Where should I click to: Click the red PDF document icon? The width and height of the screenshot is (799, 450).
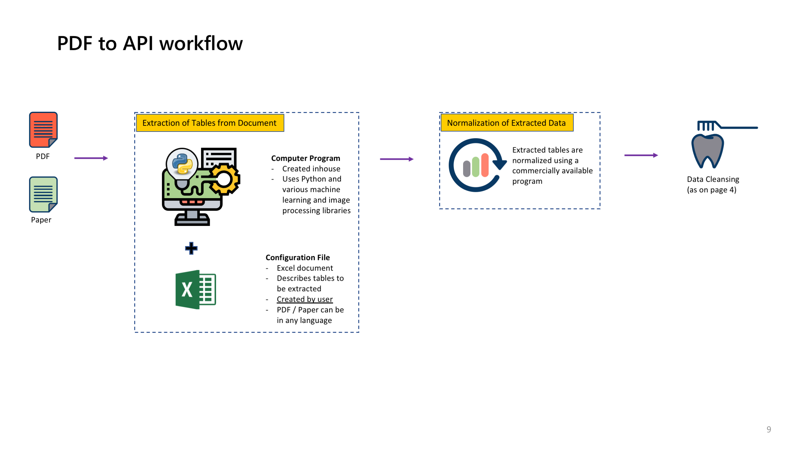(43, 130)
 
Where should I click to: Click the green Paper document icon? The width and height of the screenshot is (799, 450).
(43, 194)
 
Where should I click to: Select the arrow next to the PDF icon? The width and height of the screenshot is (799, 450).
(91, 158)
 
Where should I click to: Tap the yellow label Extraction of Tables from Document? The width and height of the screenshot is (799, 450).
(210, 123)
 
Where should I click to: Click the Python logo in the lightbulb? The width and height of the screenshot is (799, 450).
(182, 164)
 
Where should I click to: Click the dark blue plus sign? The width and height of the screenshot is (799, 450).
(191, 248)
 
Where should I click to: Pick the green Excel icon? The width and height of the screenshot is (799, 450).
(196, 289)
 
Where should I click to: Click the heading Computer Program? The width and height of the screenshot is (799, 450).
(306, 158)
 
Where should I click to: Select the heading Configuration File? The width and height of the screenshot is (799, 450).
(298, 258)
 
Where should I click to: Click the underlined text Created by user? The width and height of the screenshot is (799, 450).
(305, 299)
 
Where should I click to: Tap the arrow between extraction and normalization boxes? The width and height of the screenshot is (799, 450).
(397, 159)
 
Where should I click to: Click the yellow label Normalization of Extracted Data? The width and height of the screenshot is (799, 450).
(506, 123)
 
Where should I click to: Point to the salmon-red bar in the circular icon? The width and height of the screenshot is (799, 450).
(485, 165)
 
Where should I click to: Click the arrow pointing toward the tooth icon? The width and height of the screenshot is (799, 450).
(641, 155)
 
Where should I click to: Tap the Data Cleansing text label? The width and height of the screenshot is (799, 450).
(713, 180)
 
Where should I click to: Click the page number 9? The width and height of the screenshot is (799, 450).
(769, 429)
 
